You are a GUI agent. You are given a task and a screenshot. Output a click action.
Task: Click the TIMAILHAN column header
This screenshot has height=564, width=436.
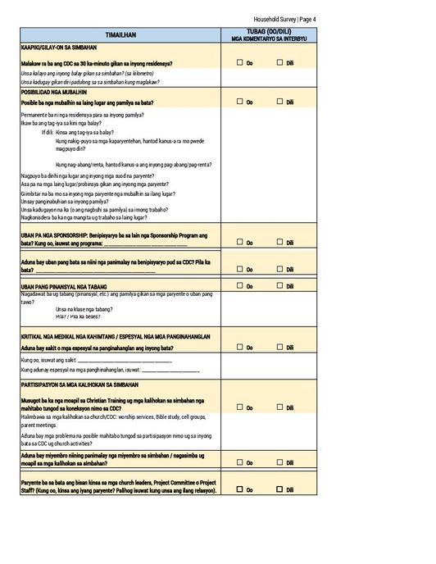tap(120, 35)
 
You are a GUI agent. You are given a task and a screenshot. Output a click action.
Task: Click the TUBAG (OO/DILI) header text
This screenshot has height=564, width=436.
tap(268, 31)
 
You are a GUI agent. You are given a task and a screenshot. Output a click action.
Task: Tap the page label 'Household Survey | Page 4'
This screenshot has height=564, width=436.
tap(286, 19)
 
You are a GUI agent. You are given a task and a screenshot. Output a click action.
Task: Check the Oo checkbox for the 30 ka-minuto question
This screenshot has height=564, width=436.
tap(240, 62)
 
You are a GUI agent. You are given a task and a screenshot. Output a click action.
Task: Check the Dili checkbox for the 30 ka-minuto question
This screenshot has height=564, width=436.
tap(279, 62)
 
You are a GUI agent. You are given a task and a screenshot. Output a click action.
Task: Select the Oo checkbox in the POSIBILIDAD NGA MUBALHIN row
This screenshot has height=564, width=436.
tap(240, 102)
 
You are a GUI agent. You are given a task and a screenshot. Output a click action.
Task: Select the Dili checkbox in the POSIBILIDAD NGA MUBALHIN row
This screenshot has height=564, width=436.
tap(279, 102)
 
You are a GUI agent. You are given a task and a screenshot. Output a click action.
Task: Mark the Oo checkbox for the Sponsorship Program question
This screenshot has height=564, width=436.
tap(240, 242)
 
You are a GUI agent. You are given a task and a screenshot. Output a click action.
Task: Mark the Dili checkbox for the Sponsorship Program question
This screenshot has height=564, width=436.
tap(279, 242)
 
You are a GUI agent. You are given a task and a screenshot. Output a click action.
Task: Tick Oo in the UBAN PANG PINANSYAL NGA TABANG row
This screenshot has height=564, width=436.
tap(240, 286)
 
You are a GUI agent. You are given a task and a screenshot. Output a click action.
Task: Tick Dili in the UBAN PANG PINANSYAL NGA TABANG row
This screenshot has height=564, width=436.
tap(279, 286)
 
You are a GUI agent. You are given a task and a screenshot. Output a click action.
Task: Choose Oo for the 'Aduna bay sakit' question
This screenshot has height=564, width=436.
tap(240, 348)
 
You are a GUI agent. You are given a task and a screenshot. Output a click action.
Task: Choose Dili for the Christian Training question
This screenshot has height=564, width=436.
tap(279, 407)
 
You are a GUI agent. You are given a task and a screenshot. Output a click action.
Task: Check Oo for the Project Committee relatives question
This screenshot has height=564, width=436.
tap(240, 489)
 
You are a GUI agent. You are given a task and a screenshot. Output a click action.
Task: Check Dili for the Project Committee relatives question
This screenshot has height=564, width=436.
tap(279, 489)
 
